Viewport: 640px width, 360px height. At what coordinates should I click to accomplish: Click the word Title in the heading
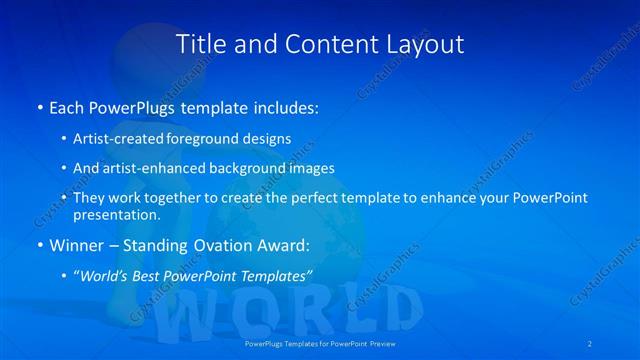tap(200, 44)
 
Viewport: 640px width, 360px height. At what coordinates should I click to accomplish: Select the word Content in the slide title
tap(324, 44)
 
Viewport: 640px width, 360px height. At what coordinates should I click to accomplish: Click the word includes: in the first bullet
tap(284, 105)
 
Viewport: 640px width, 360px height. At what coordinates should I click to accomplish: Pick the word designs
tap(269, 138)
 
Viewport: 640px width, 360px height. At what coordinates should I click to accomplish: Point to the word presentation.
tap(116, 214)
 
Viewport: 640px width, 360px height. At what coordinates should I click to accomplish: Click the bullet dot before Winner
tap(39, 245)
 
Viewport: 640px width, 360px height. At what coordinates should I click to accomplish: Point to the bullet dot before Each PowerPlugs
tap(39, 105)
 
